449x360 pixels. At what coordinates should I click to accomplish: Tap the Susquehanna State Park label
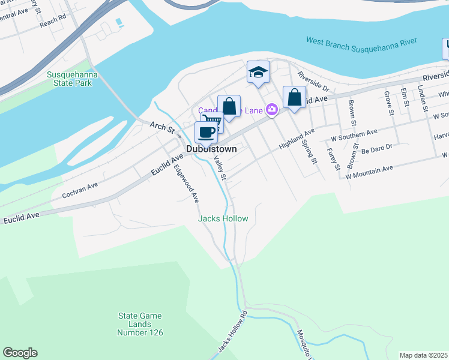(72, 79)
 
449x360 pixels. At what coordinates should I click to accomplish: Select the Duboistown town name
(211, 148)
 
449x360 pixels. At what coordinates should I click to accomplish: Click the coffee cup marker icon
(206, 132)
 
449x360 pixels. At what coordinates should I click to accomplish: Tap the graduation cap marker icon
(258, 72)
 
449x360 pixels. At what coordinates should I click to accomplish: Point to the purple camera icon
(272, 109)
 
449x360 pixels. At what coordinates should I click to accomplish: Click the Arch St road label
(161, 127)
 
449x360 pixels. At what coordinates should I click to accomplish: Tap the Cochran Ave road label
(80, 191)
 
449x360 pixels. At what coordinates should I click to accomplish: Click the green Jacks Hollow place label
(223, 218)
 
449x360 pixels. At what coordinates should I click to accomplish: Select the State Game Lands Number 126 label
(140, 324)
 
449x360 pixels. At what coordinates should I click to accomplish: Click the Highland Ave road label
(297, 140)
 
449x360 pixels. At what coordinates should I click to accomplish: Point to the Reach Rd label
(54, 20)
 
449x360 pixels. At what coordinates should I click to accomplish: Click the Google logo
(20, 353)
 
